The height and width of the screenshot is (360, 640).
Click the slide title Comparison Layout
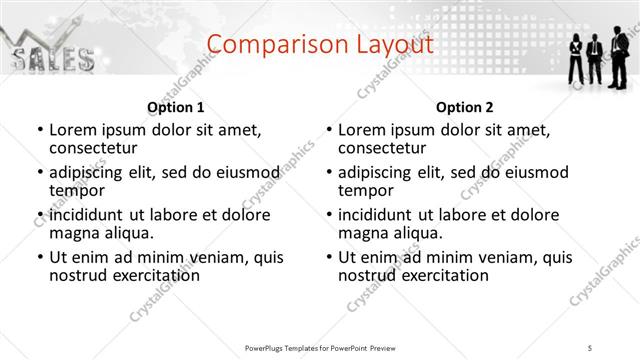pyautogui.click(x=320, y=44)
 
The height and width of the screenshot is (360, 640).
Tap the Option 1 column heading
pyautogui.click(x=175, y=107)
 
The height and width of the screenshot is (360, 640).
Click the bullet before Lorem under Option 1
pyautogui.click(x=39, y=131)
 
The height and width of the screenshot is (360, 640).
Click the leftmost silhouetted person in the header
pyautogui.click(x=577, y=57)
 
